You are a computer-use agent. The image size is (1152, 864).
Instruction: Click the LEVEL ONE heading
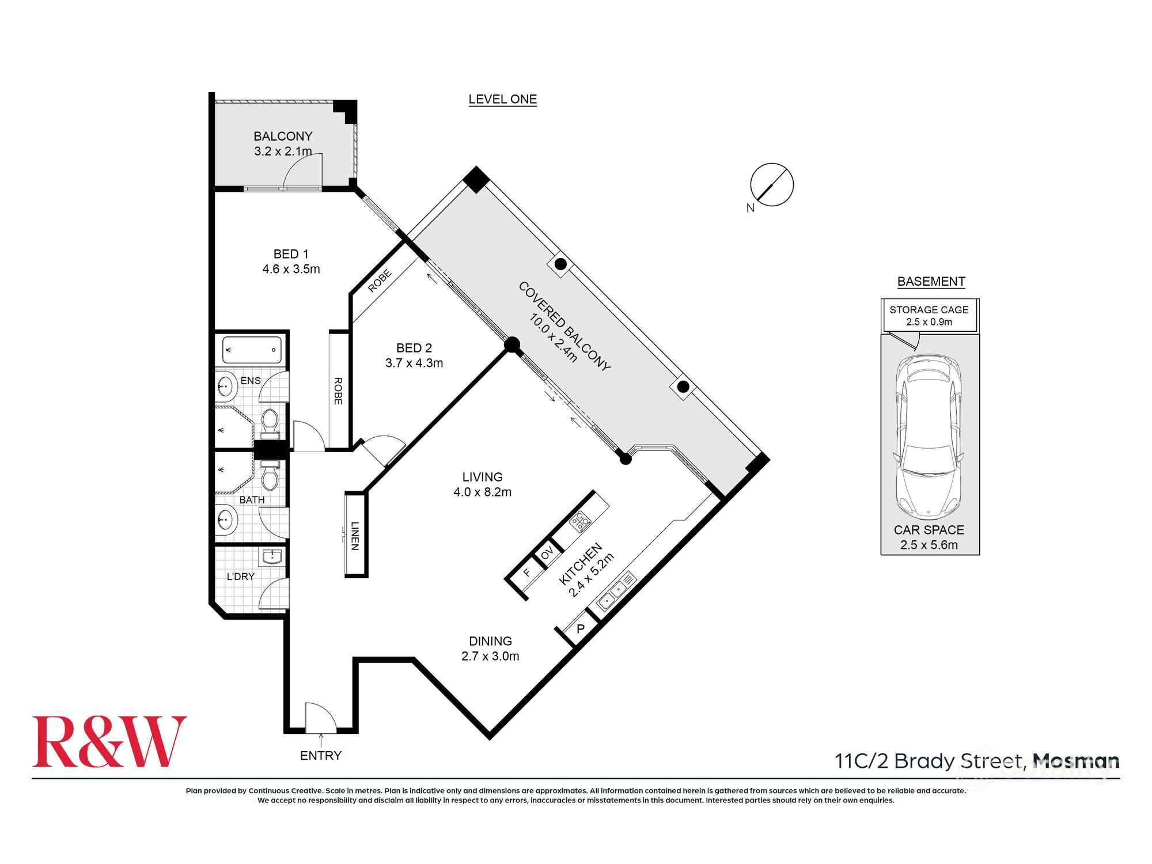pyautogui.click(x=502, y=99)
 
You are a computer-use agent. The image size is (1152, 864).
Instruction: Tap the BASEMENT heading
pyautogui.click(x=931, y=281)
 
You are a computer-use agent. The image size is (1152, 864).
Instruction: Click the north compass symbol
pyautogui.click(x=772, y=185)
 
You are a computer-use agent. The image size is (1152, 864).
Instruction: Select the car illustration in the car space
pyautogui.click(x=929, y=437)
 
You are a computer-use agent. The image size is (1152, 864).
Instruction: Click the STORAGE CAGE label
pyautogui.click(x=929, y=310)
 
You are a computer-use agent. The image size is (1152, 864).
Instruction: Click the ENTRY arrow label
pyautogui.click(x=321, y=755)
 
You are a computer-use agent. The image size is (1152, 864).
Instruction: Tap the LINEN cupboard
pyautogui.click(x=355, y=535)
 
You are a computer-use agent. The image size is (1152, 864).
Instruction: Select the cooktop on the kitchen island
pyautogui.click(x=580, y=521)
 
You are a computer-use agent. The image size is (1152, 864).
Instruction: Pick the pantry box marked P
pyautogui.click(x=581, y=629)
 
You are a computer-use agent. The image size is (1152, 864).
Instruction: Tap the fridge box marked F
pyautogui.click(x=526, y=573)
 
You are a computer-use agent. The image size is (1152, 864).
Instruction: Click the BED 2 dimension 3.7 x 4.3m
pyautogui.click(x=414, y=363)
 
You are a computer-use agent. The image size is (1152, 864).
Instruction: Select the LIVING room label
pyautogui.click(x=482, y=477)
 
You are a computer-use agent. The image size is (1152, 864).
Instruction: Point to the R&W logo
pyautogui.click(x=109, y=742)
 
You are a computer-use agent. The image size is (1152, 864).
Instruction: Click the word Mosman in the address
pyautogui.click(x=1075, y=761)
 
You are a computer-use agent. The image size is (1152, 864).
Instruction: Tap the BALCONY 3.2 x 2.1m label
pyautogui.click(x=283, y=143)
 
